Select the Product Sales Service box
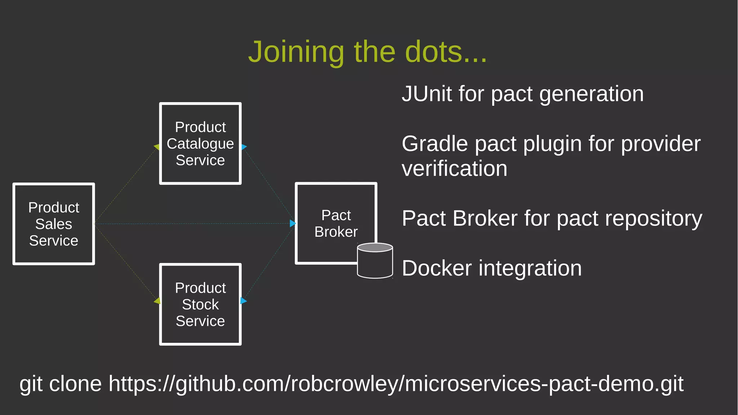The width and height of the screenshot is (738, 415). pyautogui.click(x=54, y=224)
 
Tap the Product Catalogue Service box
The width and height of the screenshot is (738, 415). pyautogui.click(x=200, y=144)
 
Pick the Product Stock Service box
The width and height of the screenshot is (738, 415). pyautogui.click(x=200, y=305)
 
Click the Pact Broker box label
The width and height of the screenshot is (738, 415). pyautogui.click(x=336, y=223)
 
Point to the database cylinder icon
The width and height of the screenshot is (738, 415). pyautogui.click(x=375, y=261)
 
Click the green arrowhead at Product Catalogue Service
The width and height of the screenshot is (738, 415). pyautogui.click(x=157, y=147)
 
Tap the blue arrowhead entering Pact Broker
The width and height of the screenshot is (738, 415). pyautogui.click(x=293, y=223)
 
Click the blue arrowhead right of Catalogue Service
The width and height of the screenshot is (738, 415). pyautogui.click(x=244, y=147)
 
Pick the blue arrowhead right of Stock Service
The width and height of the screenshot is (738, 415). pyautogui.click(x=243, y=301)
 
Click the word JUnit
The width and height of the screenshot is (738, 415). pyautogui.click(x=427, y=94)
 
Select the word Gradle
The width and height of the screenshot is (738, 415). pyautogui.click(x=435, y=144)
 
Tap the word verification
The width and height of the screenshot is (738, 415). pyautogui.click(x=454, y=169)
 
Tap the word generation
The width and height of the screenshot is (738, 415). pyautogui.click(x=591, y=94)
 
